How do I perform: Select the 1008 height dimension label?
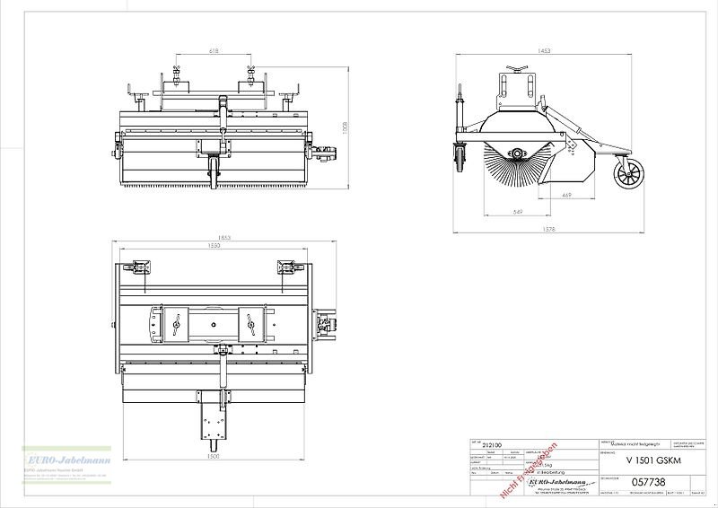coord(344,131)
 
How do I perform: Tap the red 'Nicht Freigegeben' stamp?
coord(530,469)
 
